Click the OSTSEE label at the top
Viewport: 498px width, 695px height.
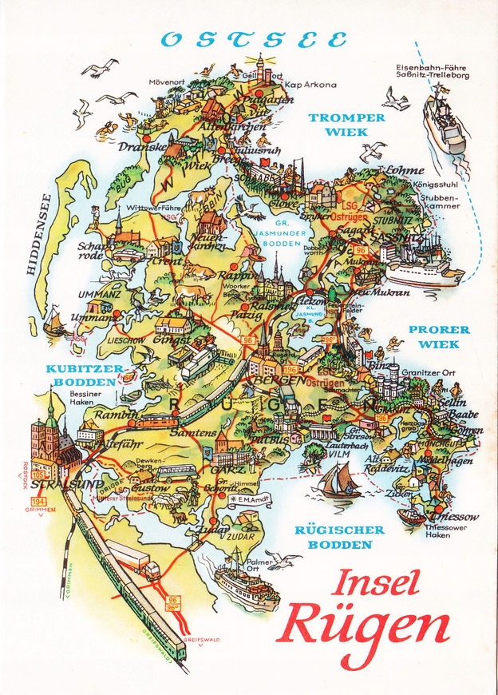[253, 38]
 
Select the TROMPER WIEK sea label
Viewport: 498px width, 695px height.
[347, 124]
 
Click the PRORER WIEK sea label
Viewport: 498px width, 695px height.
[439, 336]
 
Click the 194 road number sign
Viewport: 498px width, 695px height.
[34, 501]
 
